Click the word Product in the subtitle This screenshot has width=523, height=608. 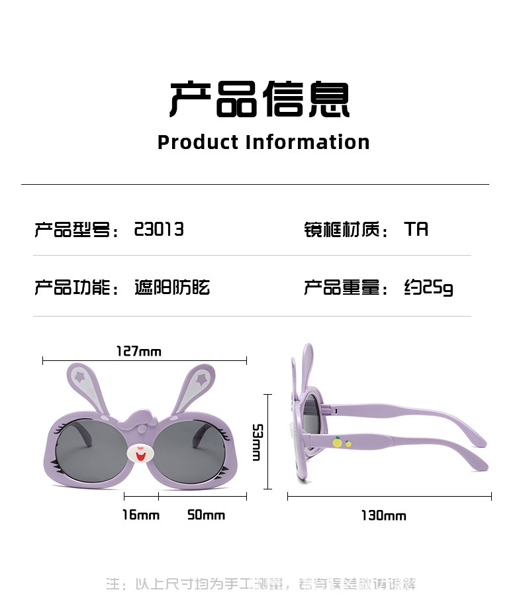click(x=197, y=142)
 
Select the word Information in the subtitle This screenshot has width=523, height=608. click(x=307, y=142)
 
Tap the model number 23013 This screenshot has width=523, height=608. click(x=159, y=229)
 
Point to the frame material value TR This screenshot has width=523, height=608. click(x=416, y=229)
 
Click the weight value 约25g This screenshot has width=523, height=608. click(x=428, y=287)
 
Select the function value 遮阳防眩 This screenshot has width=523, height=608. click(x=172, y=287)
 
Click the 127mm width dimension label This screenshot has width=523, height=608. click(x=138, y=351)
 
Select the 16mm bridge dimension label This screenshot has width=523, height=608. click(x=140, y=515)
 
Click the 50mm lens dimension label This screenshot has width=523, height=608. click(x=206, y=515)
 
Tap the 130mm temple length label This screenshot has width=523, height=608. click(x=383, y=515)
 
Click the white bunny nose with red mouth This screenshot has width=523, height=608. click(x=140, y=454)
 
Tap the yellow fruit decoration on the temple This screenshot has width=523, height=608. click(x=338, y=442)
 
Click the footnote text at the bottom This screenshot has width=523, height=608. click(x=262, y=584)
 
